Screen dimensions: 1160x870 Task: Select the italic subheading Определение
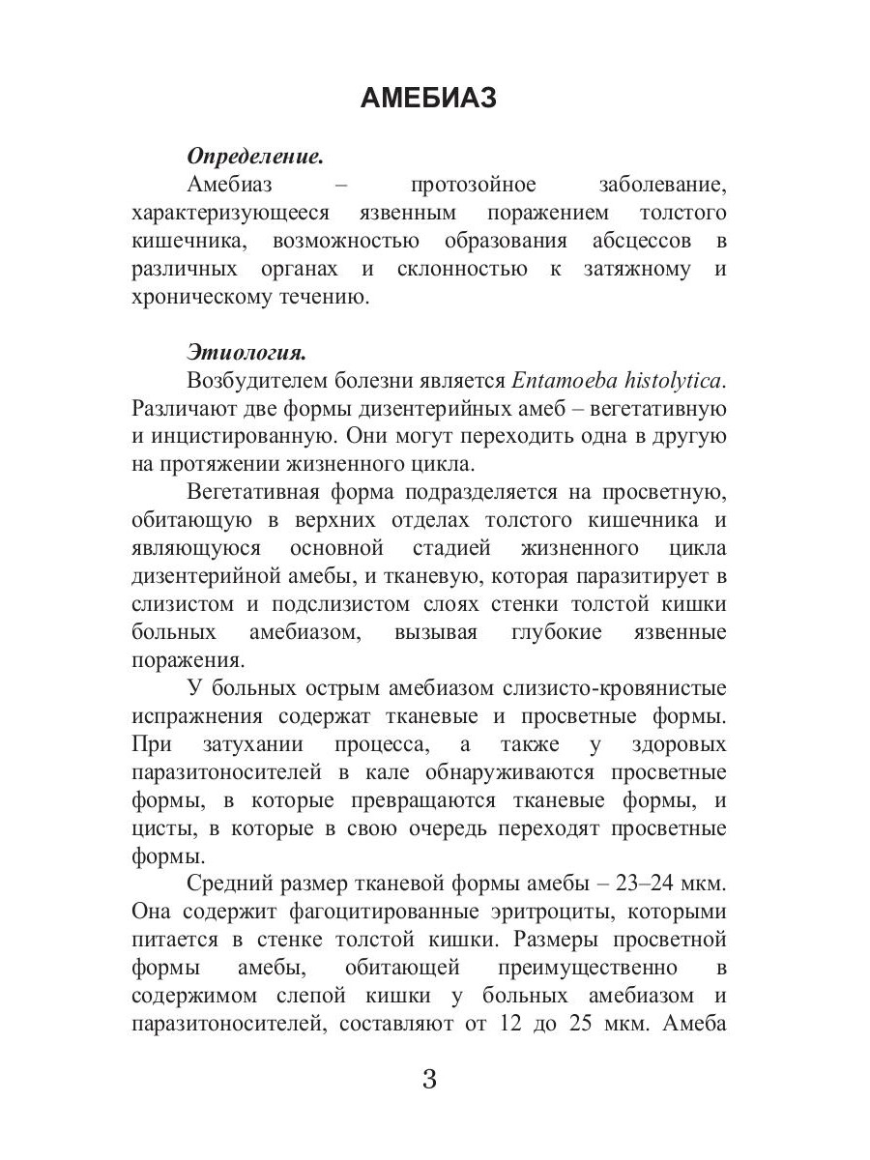(x=254, y=156)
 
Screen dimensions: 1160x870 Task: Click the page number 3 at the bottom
(x=430, y=1080)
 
